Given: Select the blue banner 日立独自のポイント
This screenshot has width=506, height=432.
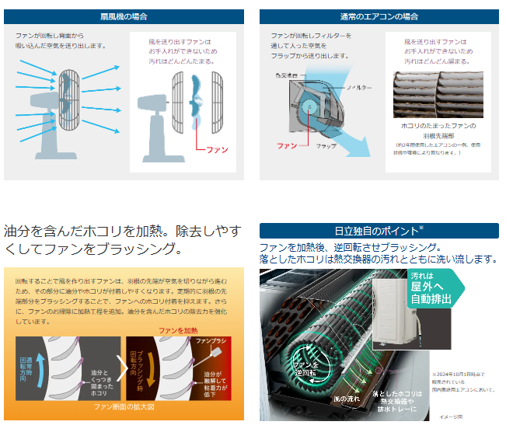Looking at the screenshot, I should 379,231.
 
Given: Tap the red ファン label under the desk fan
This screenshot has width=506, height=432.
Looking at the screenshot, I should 217,149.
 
